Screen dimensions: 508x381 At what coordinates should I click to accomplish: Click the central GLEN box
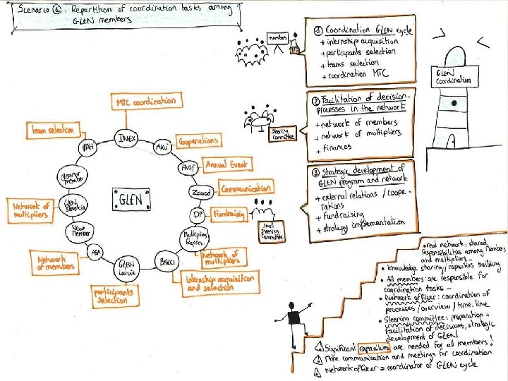pyautogui.click(x=128, y=200)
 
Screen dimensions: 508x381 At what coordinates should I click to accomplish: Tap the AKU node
pyautogui.click(x=162, y=147)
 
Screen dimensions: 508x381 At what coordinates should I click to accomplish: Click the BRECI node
pyautogui.click(x=167, y=262)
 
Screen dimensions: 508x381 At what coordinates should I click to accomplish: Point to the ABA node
pyautogui.click(x=95, y=253)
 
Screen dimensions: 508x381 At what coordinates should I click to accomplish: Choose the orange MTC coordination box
pyautogui.click(x=145, y=102)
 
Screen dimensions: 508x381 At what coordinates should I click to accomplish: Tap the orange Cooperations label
pyautogui.click(x=196, y=142)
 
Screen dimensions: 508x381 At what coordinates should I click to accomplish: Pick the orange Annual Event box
pyautogui.click(x=226, y=164)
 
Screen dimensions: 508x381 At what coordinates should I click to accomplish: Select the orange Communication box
pyautogui.click(x=246, y=188)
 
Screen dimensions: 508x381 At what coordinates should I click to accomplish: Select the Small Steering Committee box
pyautogui.click(x=272, y=232)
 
